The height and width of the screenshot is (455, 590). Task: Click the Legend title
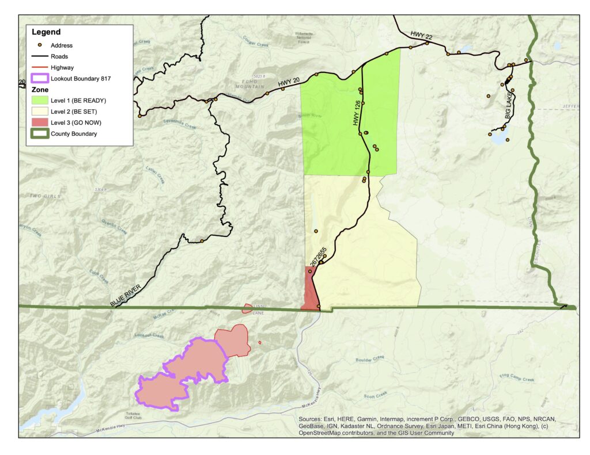coord(46,32)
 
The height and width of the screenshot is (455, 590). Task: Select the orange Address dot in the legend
coord(40,45)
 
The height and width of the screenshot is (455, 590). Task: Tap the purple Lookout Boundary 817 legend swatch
coord(40,78)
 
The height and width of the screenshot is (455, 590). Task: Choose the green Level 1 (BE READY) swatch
coord(40,101)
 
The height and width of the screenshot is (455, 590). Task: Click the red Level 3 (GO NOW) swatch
coord(40,123)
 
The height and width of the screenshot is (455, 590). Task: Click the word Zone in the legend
coord(40,90)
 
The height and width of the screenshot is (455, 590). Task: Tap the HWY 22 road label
coord(421,36)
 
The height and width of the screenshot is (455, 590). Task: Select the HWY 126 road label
coord(355,109)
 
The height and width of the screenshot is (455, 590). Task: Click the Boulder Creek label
coord(370,359)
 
